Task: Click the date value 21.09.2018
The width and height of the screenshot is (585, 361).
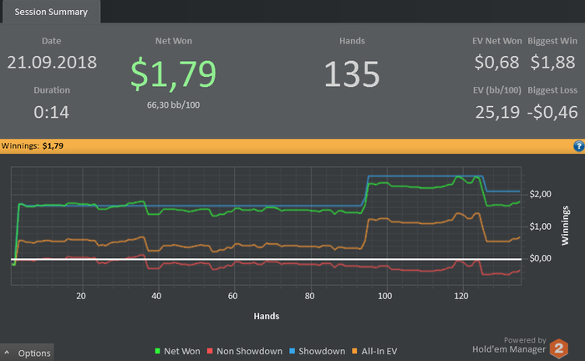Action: (52, 63)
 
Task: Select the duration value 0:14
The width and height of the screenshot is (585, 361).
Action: (52, 111)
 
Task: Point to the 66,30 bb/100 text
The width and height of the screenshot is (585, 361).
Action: (174, 105)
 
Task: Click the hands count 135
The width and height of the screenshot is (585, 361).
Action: (352, 74)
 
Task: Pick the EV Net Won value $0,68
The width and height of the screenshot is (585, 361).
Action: (497, 63)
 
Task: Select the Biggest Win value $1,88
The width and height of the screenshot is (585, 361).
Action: (552, 63)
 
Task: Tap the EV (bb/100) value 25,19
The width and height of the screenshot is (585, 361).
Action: (498, 112)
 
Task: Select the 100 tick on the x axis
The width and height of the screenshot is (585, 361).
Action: (385, 296)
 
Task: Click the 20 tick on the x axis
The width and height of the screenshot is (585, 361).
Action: (81, 296)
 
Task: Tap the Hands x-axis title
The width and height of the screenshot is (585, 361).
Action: (266, 317)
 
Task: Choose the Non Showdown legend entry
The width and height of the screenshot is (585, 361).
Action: (242, 352)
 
